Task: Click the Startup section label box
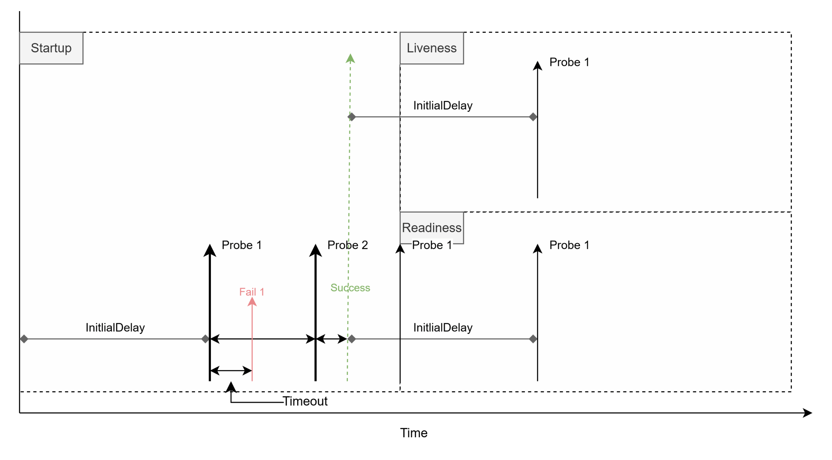pos(51,48)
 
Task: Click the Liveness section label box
pos(431,48)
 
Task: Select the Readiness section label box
pos(431,228)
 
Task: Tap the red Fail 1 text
pos(252,292)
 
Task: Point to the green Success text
pos(350,288)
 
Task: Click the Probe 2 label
pos(347,245)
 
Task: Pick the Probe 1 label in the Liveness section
pos(569,62)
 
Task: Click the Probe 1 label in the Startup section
pos(241,245)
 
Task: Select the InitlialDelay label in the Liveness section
pos(443,106)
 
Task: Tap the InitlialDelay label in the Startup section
pos(115,328)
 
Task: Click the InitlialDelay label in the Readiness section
pos(443,328)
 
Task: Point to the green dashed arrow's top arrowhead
pos(350,59)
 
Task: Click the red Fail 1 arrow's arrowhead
pos(252,302)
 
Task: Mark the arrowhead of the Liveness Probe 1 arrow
pos(538,66)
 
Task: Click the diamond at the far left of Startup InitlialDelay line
pos(24,339)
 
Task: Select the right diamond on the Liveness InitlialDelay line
pos(533,117)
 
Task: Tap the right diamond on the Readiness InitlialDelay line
pos(533,339)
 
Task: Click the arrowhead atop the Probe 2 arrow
pos(315,250)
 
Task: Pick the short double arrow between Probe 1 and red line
pos(231,370)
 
